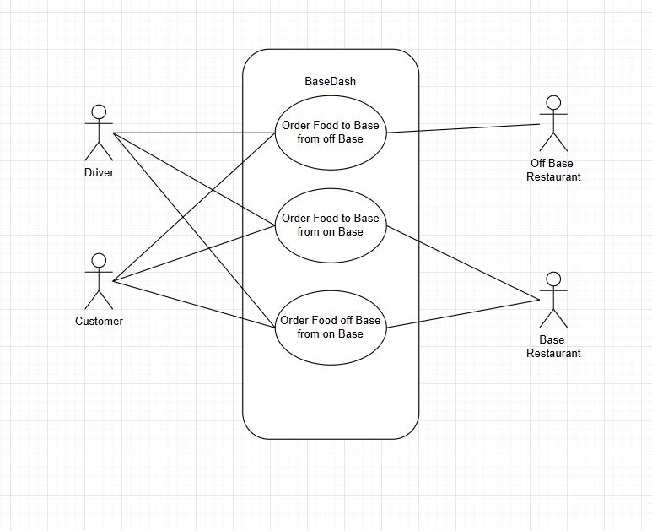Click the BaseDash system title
coord(331,82)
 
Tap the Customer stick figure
coord(99,282)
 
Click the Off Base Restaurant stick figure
coord(553,125)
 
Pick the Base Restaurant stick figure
coord(553,301)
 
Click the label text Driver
coord(99,173)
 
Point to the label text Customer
coord(99,321)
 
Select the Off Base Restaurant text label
coord(553,170)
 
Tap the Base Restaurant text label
coord(553,346)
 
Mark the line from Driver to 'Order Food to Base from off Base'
coord(194,133)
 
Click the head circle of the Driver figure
coord(99,112)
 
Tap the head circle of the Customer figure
coord(99,260)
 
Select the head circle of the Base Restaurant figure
coord(553,279)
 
